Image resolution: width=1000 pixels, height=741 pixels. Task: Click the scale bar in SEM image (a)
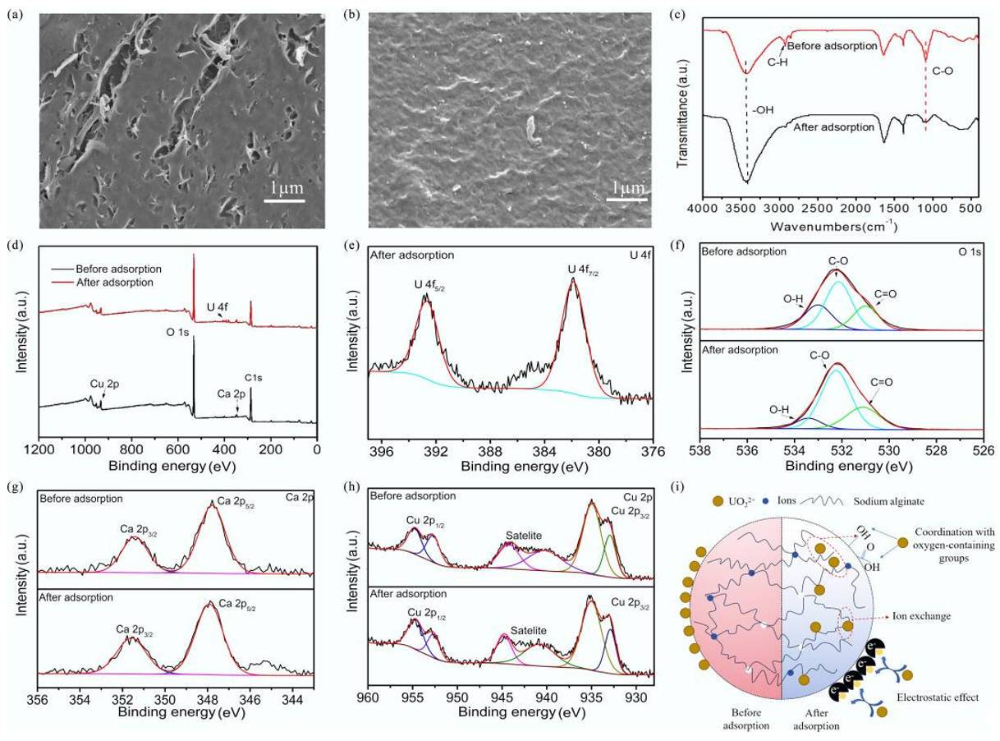point(284,200)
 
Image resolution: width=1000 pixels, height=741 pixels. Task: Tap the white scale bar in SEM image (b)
point(626,200)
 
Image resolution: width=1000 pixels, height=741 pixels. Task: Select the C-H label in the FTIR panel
point(778,62)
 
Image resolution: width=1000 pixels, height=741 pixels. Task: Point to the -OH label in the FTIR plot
point(763,109)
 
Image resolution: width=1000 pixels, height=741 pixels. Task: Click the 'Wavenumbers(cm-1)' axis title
point(833,226)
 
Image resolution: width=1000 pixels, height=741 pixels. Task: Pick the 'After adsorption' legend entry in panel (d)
point(114,283)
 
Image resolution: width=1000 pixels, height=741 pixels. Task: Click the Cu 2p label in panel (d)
point(104,384)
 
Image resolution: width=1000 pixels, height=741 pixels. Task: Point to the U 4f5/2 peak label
point(429,285)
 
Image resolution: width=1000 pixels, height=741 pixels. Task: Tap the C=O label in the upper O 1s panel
point(886,294)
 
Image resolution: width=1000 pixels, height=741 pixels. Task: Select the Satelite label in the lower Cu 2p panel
point(529,630)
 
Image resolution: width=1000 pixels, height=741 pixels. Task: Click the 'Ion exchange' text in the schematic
point(921,616)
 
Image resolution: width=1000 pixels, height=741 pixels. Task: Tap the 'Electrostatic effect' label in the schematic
point(938,697)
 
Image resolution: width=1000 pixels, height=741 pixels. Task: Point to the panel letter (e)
point(351,246)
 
